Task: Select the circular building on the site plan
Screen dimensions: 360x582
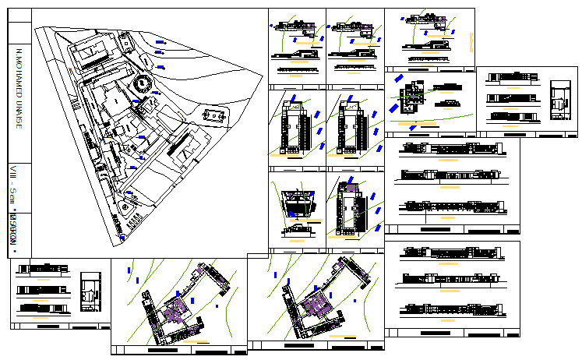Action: click(143, 84)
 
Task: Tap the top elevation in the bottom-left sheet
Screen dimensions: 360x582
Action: click(37, 269)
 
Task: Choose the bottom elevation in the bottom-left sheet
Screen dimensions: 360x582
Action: click(37, 307)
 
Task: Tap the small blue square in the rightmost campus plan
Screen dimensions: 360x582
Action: click(355, 300)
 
